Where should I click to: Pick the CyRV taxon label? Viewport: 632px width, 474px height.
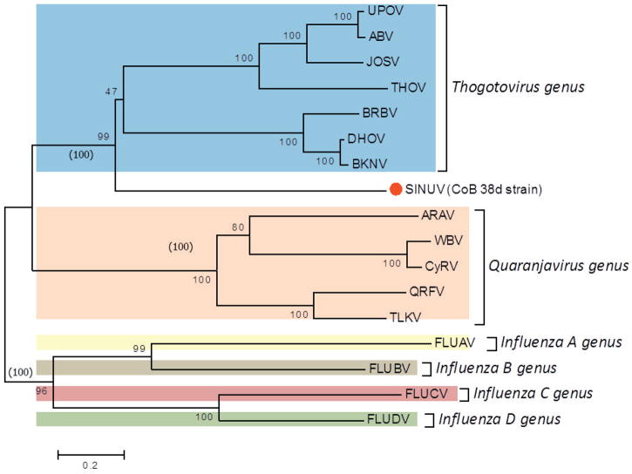click(441, 266)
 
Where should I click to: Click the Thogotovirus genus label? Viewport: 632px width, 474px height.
click(517, 87)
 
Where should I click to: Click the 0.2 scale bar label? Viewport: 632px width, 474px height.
click(91, 465)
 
